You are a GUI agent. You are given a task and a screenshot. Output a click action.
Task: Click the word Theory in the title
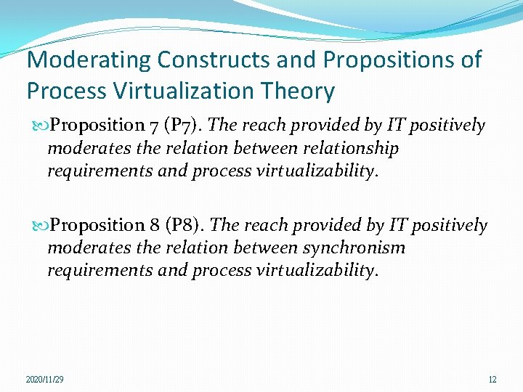(x=299, y=91)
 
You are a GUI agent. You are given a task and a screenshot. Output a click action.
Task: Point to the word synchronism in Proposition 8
(x=354, y=248)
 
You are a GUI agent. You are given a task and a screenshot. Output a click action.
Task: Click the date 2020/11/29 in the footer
(x=44, y=380)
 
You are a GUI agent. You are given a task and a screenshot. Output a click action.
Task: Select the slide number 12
(x=492, y=380)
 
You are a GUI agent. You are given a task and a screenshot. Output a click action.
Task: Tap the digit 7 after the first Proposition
(x=155, y=126)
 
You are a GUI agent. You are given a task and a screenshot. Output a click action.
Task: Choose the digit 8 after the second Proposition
(x=156, y=226)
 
